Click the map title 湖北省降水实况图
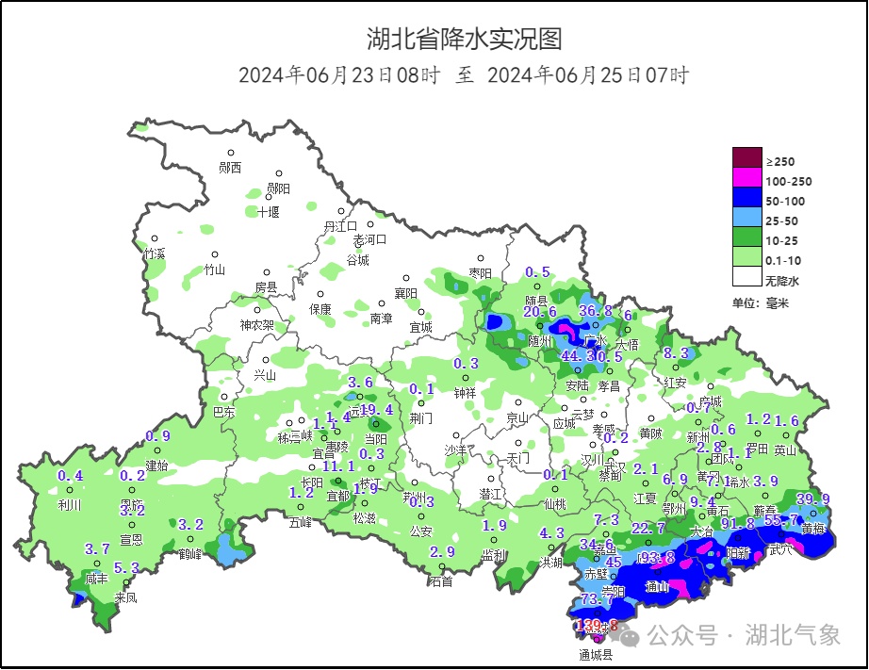(464, 39)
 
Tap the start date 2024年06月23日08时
(338, 75)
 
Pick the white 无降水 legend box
(746, 279)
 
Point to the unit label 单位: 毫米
(760, 302)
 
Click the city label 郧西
(230, 168)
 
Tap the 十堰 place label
(269, 212)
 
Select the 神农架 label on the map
(256, 325)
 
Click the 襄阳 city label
(405, 293)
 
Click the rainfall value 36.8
(596, 310)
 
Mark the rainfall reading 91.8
(737, 523)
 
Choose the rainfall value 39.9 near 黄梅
(813, 498)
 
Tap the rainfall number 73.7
(598, 598)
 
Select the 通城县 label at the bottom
(595, 654)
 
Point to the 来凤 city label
(125, 597)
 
